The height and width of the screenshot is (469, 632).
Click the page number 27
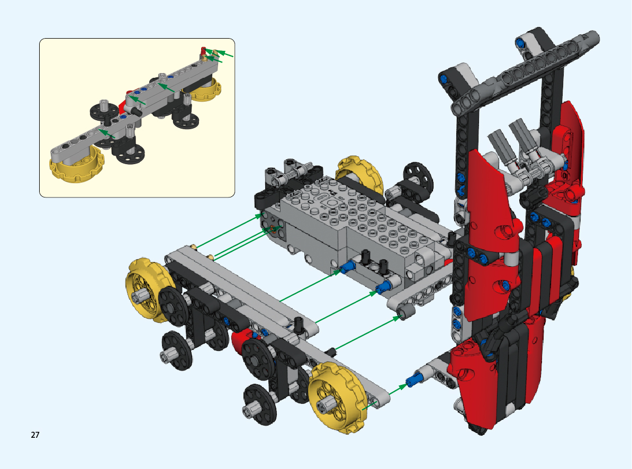click(35, 435)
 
